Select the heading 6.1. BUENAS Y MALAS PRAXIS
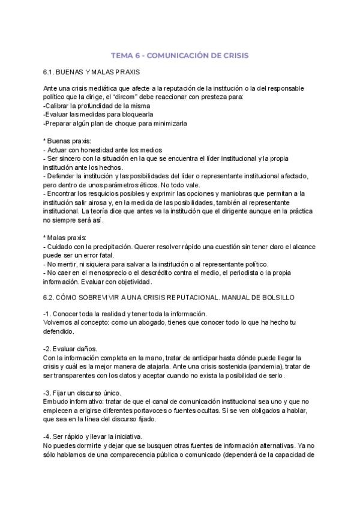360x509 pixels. click(92, 71)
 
